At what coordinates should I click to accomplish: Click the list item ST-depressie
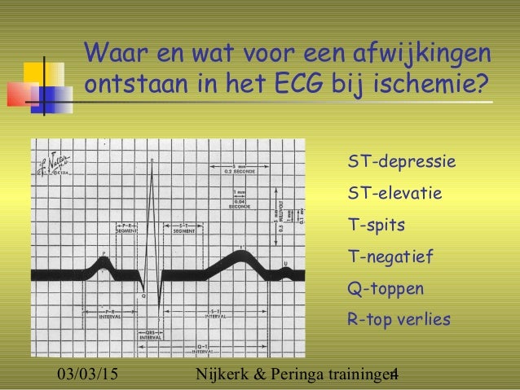[401, 162]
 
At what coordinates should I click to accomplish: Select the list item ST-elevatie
[394, 194]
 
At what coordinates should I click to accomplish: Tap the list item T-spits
[377, 225]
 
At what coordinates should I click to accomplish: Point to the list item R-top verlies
[399, 319]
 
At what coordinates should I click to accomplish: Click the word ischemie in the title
[437, 84]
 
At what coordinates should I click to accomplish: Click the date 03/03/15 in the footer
[90, 375]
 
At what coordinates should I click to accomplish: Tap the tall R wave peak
[152, 163]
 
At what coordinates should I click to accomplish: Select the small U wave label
[285, 262]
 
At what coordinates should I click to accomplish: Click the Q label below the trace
[142, 296]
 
